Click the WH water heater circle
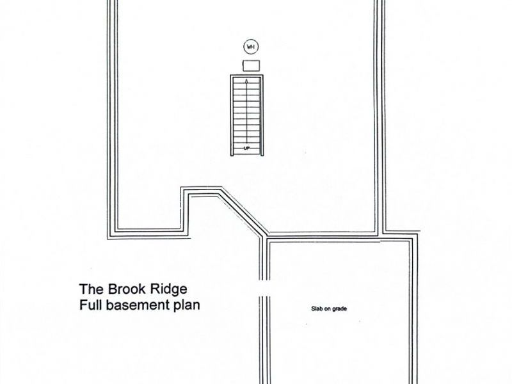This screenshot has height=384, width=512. tap(251, 47)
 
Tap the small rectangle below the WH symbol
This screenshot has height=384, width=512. tap(251, 65)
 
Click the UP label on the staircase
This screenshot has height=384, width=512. tap(246, 148)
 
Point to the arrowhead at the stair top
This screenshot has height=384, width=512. tap(246, 81)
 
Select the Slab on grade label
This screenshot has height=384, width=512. tap(329, 308)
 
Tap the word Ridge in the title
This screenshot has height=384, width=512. tap(168, 289)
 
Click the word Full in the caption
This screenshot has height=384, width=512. tap(91, 305)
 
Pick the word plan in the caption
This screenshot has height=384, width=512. tap(186, 306)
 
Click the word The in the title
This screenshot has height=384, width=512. tap(92, 289)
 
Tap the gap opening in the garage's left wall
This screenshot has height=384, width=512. tap(264, 288)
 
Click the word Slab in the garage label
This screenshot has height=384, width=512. tap(317, 308)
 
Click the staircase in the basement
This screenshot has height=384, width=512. tap(246, 116)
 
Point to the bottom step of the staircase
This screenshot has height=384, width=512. tap(246, 151)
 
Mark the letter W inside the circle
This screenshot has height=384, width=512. tap(249, 47)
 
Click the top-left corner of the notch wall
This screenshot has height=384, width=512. tap(182, 188)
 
